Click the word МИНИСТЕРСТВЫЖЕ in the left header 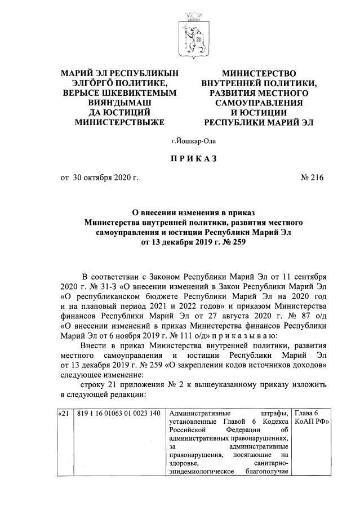click(115, 122)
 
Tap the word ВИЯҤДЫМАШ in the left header click(115, 103)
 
